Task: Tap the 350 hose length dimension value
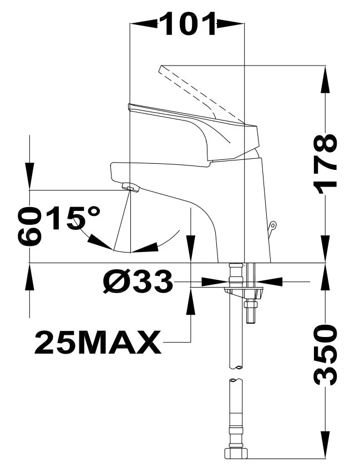click(324, 355)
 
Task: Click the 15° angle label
click(73, 218)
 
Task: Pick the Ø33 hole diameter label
click(138, 281)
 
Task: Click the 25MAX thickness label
click(98, 342)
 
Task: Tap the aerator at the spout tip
click(130, 189)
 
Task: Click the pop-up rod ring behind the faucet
click(273, 225)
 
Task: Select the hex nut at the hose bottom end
click(237, 462)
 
